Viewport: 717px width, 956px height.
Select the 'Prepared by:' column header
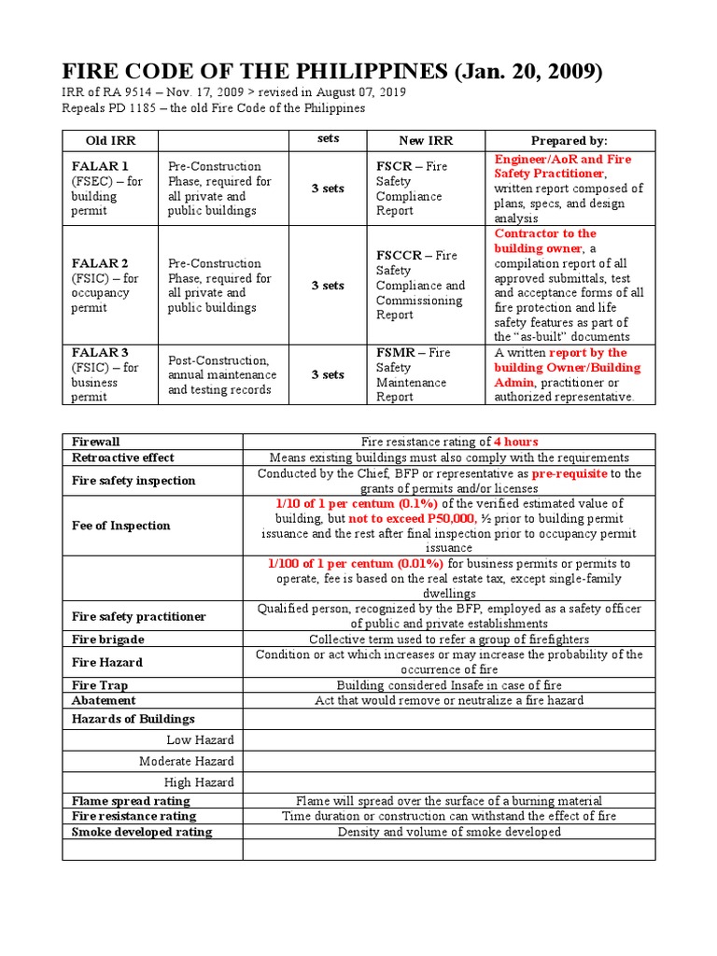coord(569,140)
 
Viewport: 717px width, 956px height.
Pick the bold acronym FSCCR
coord(402,256)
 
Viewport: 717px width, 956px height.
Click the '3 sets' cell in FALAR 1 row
coord(327,189)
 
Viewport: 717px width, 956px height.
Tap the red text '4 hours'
coord(516,442)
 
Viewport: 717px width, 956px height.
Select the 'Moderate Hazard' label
coord(187,761)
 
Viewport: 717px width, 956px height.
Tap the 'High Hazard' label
coord(199,782)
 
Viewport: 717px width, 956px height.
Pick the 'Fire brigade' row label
coord(107,640)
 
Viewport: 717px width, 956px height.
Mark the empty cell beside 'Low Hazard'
coord(449,739)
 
